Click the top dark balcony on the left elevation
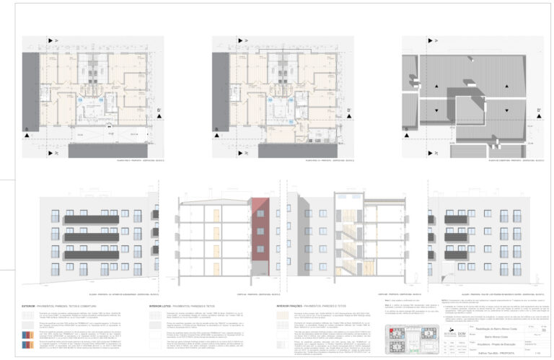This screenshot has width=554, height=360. point(92,219)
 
